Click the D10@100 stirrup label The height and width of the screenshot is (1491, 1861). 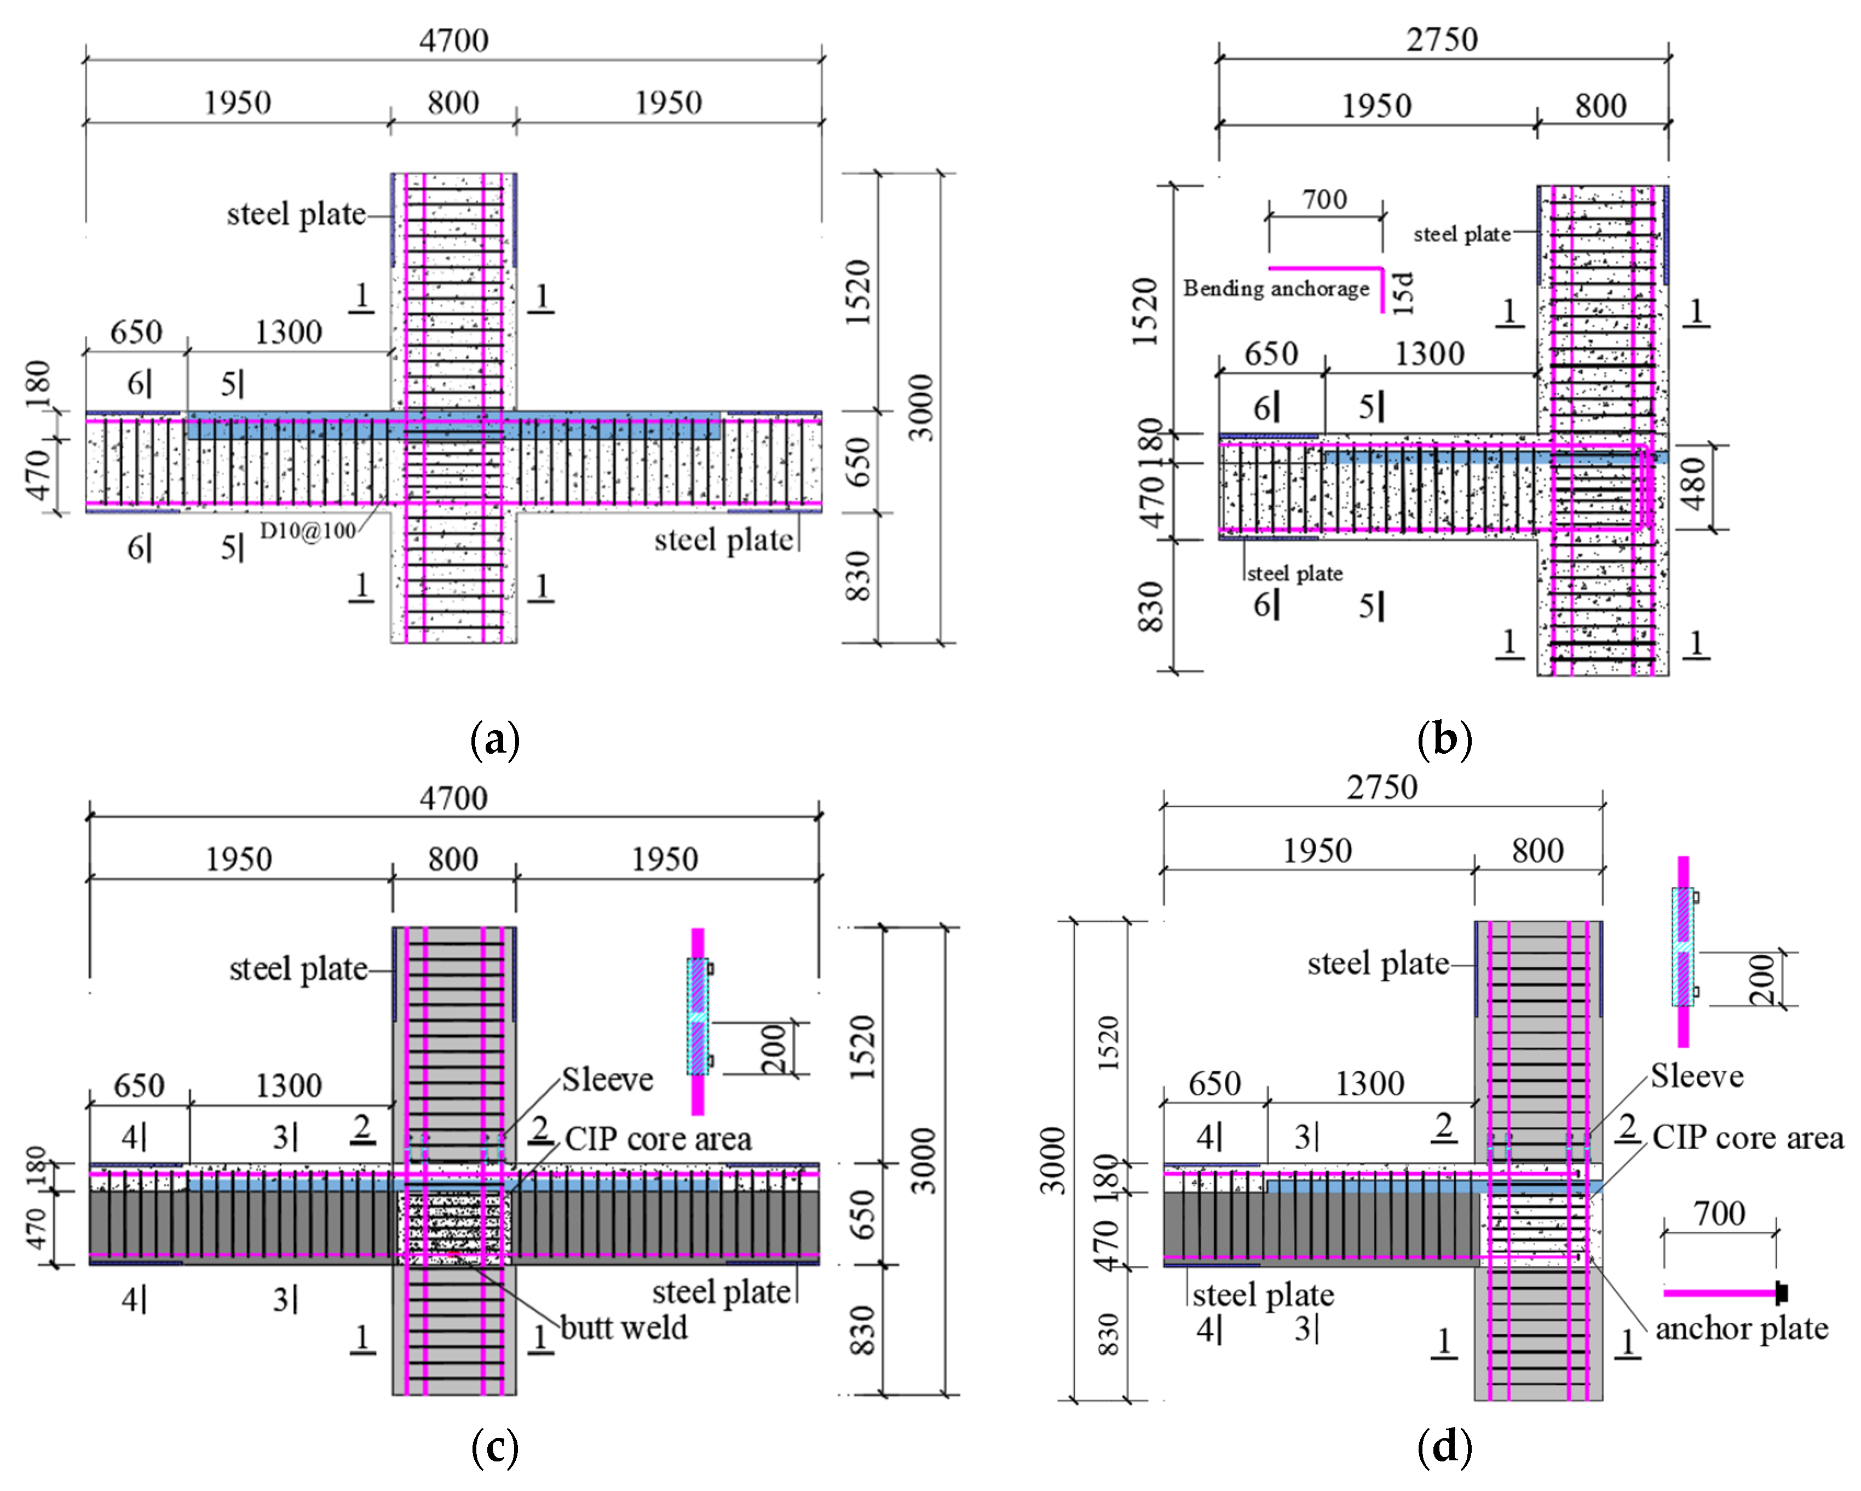[x=308, y=530]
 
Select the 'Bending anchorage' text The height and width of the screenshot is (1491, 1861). [x=1276, y=288]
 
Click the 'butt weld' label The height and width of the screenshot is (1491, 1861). [x=623, y=1328]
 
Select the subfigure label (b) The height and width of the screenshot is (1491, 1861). [x=1444, y=740]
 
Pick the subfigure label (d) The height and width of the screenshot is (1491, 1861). [x=1444, y=1448]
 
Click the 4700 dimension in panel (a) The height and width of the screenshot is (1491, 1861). [x=453, y=40]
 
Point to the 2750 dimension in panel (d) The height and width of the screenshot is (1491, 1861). [x=1382, y=787]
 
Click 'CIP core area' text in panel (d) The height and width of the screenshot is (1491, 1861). [x=1748, y=1138]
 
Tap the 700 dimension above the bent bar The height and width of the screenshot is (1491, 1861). [x=1325, y=199]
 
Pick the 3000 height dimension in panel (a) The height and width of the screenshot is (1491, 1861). [x=922, y=408]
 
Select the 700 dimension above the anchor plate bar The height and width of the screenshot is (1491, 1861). [x=1719, y=1214]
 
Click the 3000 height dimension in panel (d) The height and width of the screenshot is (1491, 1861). [x=1052, y=1160]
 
